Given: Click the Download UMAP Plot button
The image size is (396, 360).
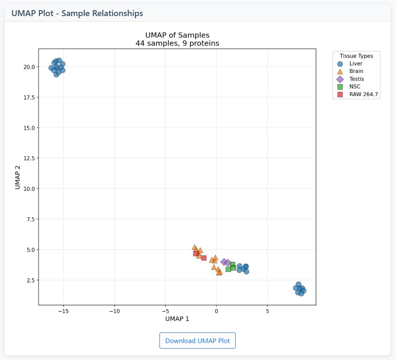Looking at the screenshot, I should (197, 341).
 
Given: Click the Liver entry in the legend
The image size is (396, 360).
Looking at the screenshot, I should (355, 64).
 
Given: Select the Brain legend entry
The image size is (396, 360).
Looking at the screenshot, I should (356, 71).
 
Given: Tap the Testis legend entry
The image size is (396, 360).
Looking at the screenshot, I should (356, 79).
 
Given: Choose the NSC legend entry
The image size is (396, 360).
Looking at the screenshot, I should (355, 86).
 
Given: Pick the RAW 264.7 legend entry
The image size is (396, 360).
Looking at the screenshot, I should (363, 94).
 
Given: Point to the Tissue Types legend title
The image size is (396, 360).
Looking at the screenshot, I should (356, 56).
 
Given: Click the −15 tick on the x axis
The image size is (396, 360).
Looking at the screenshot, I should (63, 311).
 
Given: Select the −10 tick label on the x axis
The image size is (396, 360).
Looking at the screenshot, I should (114, 311).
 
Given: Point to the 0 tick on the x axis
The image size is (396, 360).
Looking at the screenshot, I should (216, 311).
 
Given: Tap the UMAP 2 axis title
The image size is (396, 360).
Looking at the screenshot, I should (18, 177).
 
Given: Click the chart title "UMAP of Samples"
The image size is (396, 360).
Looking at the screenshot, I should (177, 35).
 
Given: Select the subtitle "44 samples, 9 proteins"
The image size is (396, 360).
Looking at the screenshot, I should (177, 43).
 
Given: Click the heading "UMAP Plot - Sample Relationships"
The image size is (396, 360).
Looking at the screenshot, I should (77, 13).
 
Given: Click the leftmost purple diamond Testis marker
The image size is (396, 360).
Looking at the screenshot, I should (224, 262).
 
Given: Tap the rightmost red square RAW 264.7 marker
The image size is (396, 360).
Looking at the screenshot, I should (203, 258).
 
